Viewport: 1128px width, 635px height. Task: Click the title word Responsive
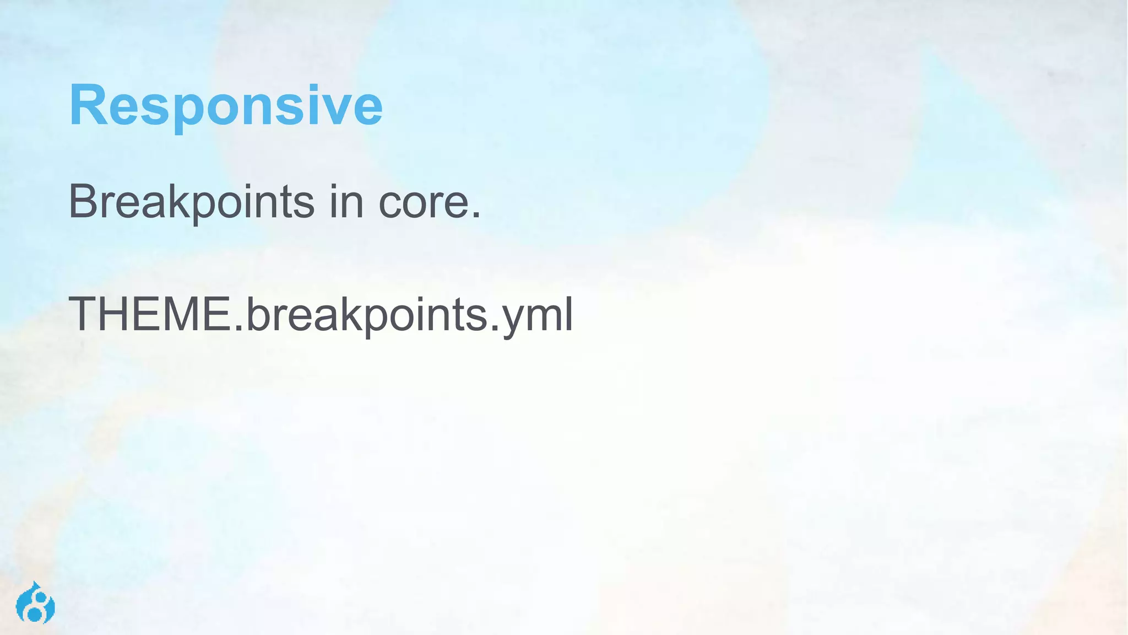pyautogui.click(x=225, y=106)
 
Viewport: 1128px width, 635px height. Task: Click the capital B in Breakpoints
pyautogui.click(x=83, y=201)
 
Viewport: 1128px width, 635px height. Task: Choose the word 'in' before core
pyautogui.click(x=346, y=202)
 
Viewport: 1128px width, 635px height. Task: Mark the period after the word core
pyautogui.click(x=476, y=216)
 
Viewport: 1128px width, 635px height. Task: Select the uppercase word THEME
pyautogui.click(x=150, y=314)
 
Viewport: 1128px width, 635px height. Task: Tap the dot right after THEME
pyautogui.click(x=238, y=328)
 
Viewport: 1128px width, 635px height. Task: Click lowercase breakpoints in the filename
pyautogui.click(x=366, y=315)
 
